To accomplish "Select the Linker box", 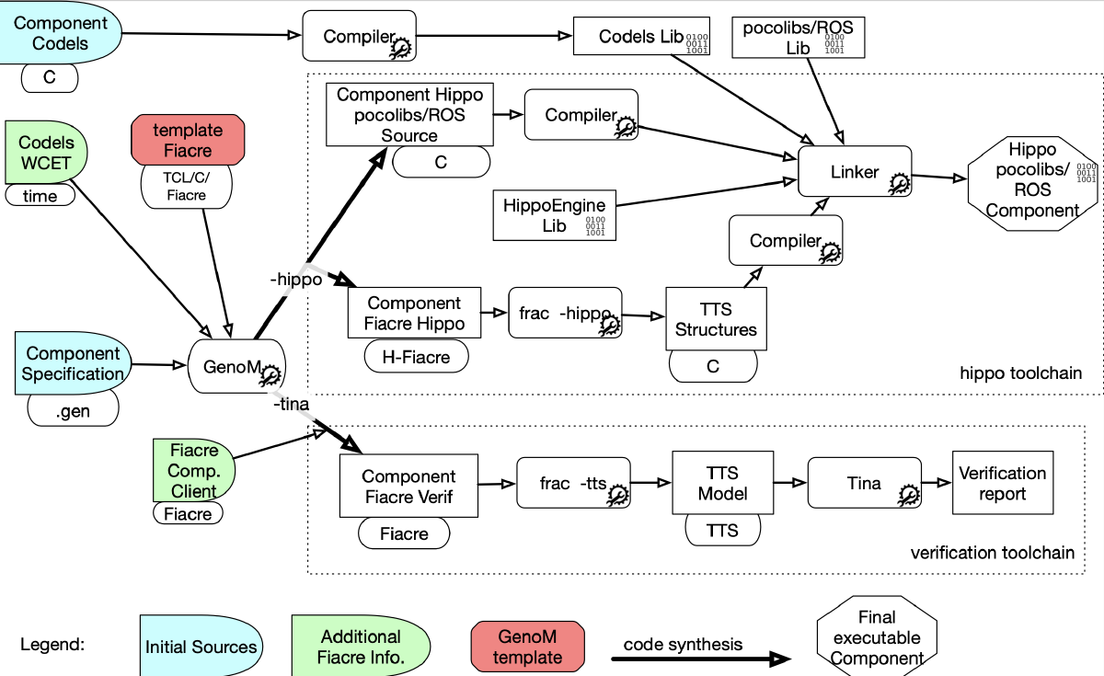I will [x=855, y=172].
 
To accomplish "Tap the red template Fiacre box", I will [x=189, y=140].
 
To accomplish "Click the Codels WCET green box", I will [x=46, y=154].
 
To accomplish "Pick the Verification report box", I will [x=1002, y=483].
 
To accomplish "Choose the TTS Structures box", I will [x=716, y=318].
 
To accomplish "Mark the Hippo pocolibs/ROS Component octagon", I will [x=1032, y=179].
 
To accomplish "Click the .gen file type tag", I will [x=73, y=411].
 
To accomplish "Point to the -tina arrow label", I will [x=291, y=404].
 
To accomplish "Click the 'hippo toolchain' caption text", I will [x=1020, y=373].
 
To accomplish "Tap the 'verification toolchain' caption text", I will [x=992, y=553].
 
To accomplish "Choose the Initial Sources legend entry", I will [x=200, y=647].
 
